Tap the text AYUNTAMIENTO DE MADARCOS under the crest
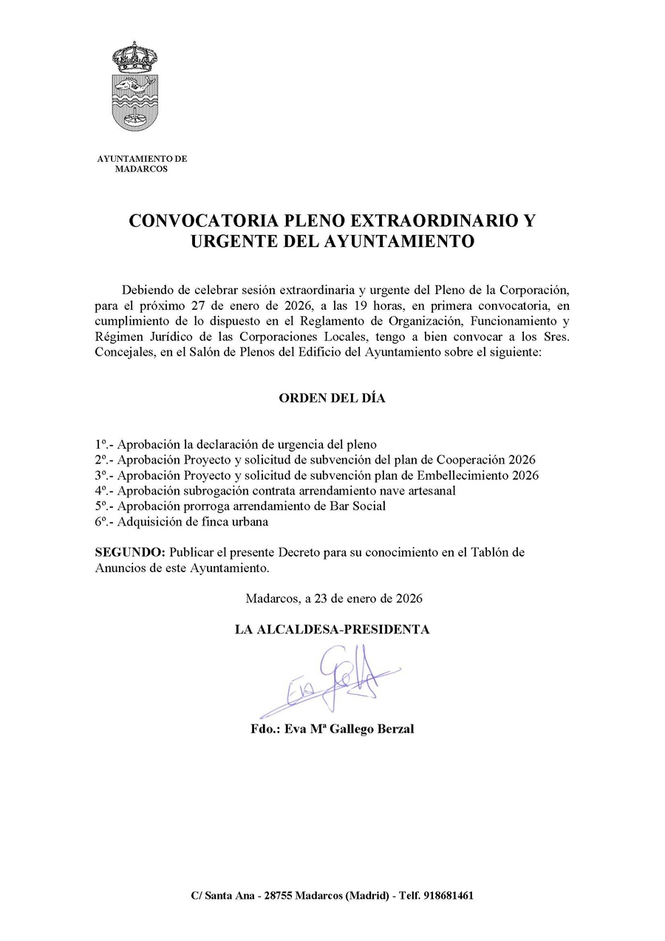(x=142, y=163)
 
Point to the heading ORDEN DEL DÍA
(x=332, y=398)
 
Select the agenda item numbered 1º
(x=236, y=444)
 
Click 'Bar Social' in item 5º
(x=359, y=506)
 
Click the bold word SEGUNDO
(x=129, y=553)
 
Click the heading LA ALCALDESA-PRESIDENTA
(x=332, y=630)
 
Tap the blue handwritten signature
(x=332, y=676)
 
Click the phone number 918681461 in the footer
(x=446, y=895)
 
